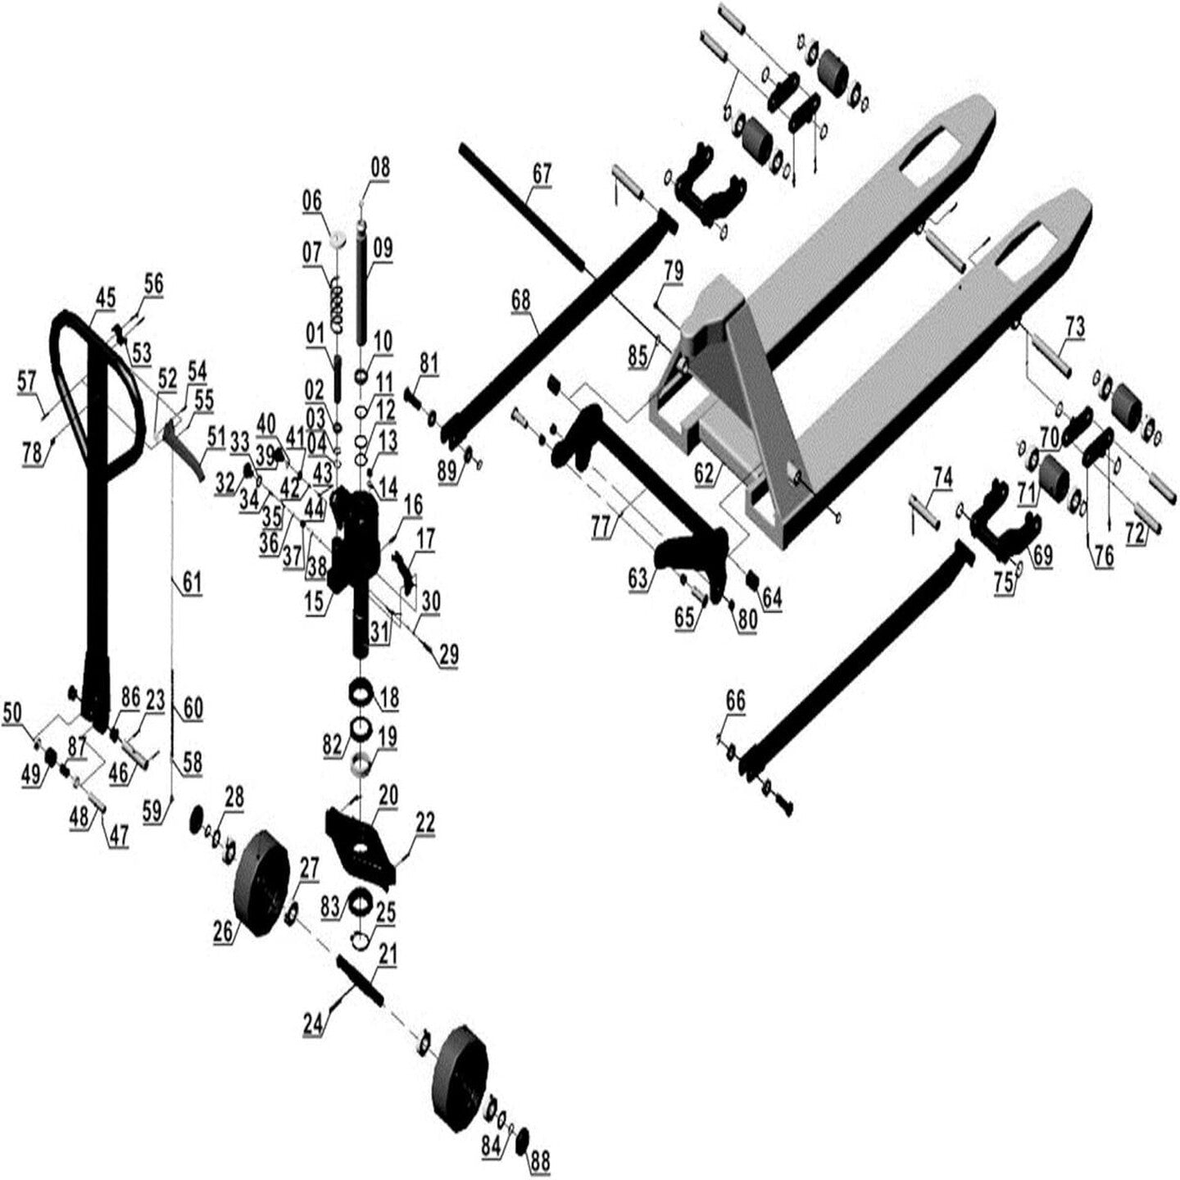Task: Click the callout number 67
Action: [542, 173]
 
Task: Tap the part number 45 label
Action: [106, 298]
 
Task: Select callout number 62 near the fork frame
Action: [704, 473]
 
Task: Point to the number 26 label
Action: [224, 932]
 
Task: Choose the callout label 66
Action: [735, 701]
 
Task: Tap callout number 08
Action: [380, 168]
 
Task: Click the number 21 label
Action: [387, 954]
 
